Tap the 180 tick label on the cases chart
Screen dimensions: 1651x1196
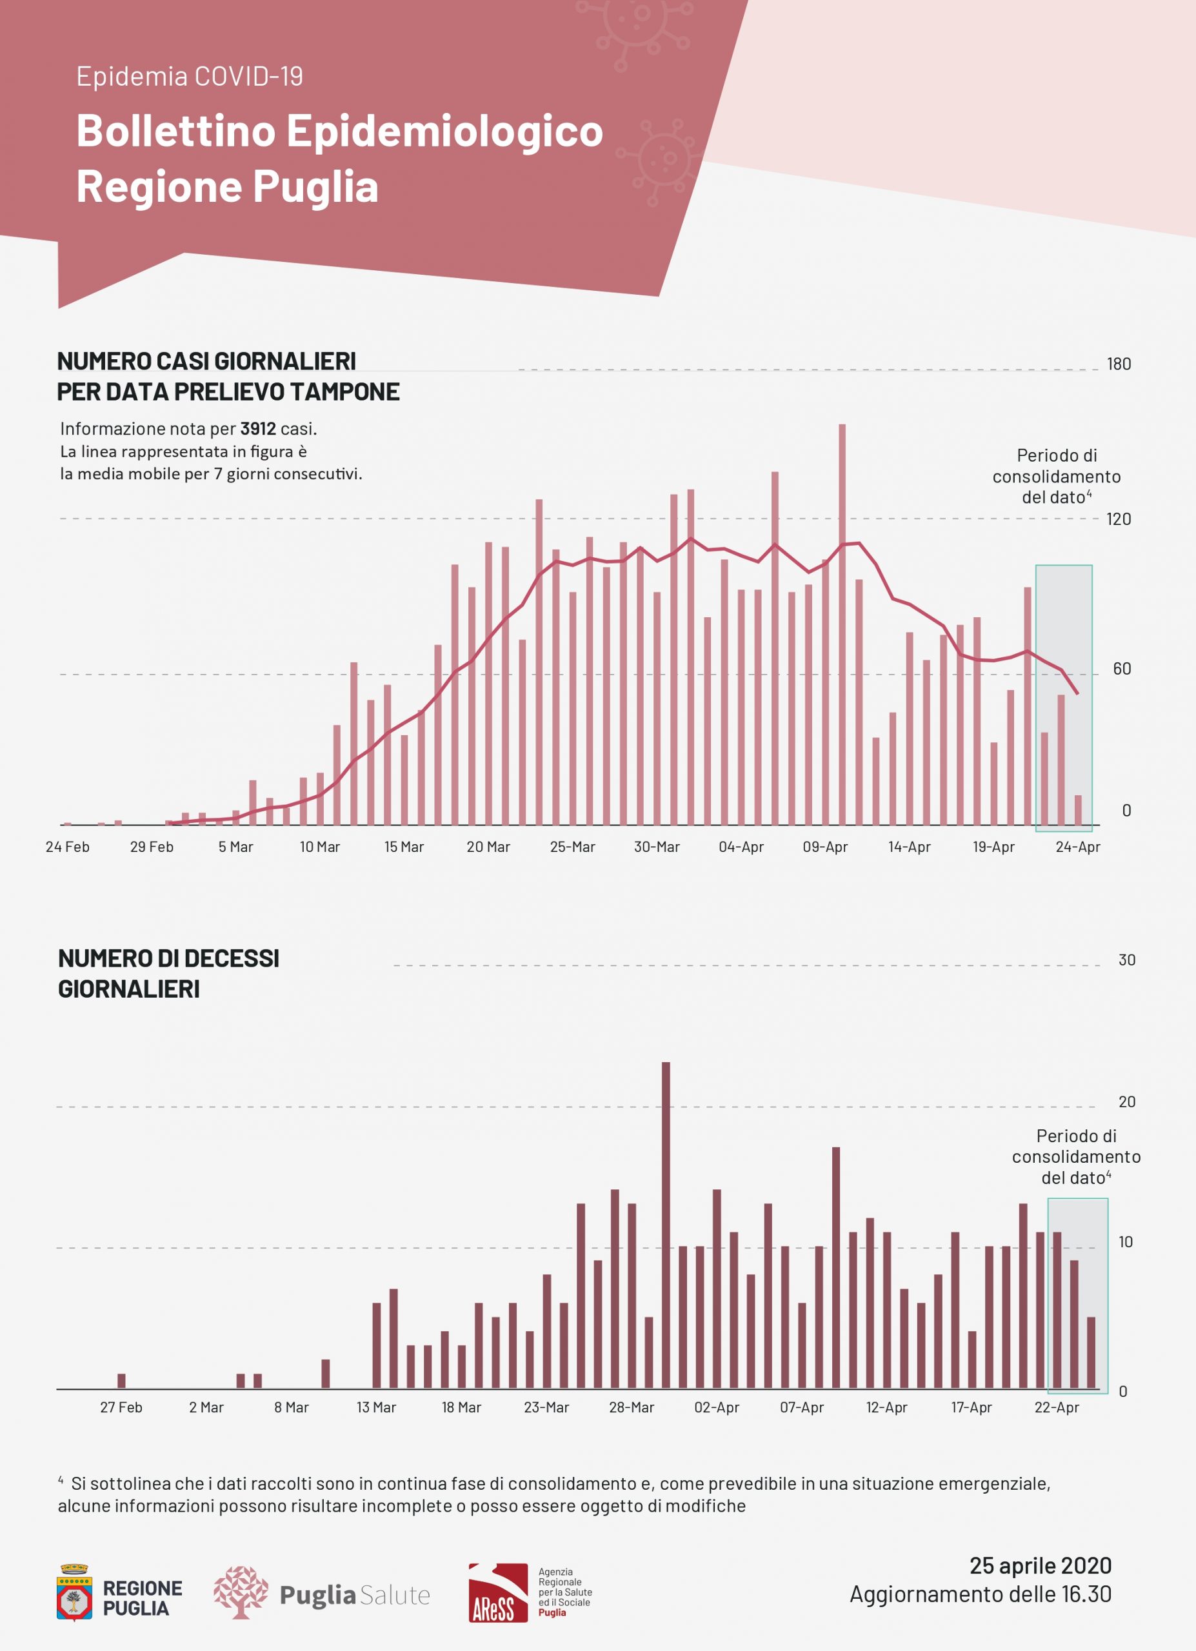tap(1119, 364)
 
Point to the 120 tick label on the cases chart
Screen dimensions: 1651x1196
tap(1119, 519)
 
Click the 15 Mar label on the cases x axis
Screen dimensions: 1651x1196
tap(404, 847)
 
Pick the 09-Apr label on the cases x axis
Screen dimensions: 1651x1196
tap(825, 847)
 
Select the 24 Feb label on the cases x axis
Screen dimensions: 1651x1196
tap(68, 847)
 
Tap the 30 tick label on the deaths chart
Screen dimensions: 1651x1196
tap(1127, 960)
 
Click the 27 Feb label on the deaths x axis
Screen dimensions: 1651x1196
tap(121, 1407)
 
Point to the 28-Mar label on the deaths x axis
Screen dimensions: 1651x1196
tap(631, 1407)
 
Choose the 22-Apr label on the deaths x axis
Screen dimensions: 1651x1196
tap(1056, 1407)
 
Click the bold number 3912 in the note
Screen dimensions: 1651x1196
tap(257, 429)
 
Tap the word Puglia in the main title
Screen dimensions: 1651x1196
tap(316, 186)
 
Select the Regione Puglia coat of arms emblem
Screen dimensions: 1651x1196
tap(74, 1593)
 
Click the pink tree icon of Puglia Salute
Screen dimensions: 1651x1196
tap(240, 1593)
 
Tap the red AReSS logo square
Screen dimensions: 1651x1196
tap(498, 1593)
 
